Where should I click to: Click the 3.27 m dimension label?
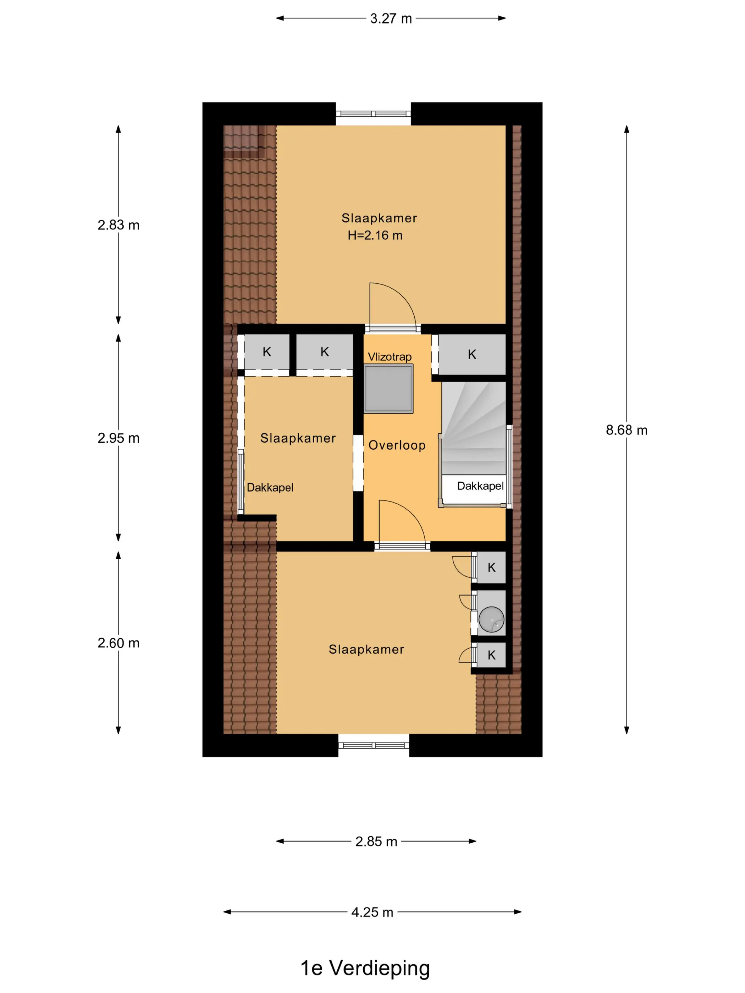click(391, 18)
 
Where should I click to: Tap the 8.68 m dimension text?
click(626, 430)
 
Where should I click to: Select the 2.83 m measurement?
click(118, 225)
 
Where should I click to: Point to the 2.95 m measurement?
click(118, 438)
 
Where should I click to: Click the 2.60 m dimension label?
click(118, 643)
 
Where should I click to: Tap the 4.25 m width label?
click(372, 912)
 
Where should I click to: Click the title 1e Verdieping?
click(365, 968)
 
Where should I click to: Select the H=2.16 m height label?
click(375, 235)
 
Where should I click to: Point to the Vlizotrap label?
click(389, 356)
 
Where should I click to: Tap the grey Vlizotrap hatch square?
click(388, 388)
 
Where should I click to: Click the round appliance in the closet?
click(491, 620)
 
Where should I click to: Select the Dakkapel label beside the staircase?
click(480, 486)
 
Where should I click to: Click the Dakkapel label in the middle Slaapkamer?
click(270, 488)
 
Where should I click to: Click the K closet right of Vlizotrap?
click(471, 354)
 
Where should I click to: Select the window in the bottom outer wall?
click(374, 746)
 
